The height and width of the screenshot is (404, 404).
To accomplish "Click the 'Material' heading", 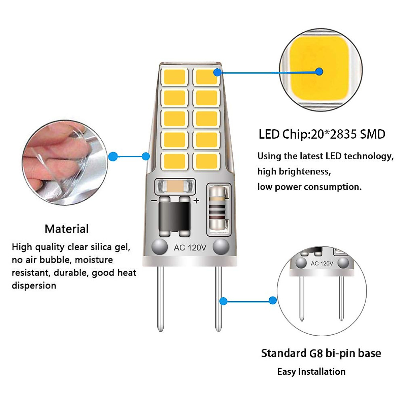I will [x=67, y=229].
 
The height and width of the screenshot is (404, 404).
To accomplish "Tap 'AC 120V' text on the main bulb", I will [x=190, y=248].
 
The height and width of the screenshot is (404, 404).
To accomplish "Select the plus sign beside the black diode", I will [x=197, y=201].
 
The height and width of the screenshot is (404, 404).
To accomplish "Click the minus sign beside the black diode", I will [x=154, y=201].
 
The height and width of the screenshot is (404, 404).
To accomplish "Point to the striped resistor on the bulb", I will [x=218, y=208].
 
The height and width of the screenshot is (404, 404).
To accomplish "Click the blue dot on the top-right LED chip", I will [x=217, y=72].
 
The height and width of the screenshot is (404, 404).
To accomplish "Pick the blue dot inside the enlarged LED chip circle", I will [x=319, y=71].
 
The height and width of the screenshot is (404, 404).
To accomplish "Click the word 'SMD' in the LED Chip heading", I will [x=372, y=134].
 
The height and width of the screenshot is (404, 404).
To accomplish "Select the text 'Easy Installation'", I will [x=311, y=372].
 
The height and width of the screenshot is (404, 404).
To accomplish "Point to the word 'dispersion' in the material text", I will [x=34, y=285].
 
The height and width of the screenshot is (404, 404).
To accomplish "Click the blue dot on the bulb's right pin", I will [x=223, y=301].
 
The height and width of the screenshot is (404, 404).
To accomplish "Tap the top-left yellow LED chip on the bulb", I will [x=174, y=77].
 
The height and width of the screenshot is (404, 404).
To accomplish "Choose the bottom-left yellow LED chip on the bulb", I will [x=174, y=161].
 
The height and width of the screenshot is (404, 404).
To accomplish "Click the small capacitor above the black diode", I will [x=175, y=185].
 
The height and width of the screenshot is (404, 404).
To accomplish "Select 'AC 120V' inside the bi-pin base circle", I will [x=322, y=263].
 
